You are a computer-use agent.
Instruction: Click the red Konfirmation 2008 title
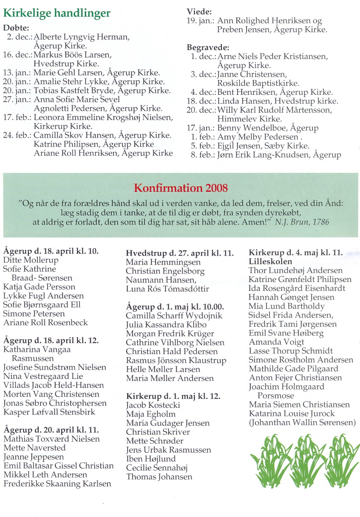click(180, 188)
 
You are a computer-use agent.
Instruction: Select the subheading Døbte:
click(17, 28)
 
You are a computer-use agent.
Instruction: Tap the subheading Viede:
click(199, 11)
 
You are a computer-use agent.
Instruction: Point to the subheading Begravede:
click(208, 47)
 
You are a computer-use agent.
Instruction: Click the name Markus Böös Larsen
click(72, 55)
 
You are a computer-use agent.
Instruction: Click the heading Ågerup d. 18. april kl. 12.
click(51, 340)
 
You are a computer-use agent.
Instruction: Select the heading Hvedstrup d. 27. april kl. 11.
click(180, 253)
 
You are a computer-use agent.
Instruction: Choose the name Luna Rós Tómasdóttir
click(167, 289)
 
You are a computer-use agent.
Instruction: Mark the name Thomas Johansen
click(159, 477)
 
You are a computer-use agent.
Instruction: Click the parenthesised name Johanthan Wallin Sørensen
click(302, 422)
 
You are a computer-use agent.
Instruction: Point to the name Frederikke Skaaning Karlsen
click(57, 484)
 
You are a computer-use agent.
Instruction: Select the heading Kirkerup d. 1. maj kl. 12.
click(173, 396)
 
